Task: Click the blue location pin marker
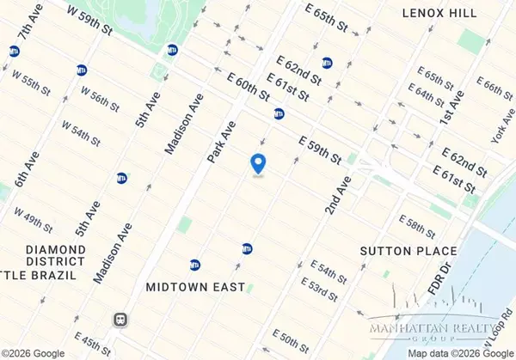click(257, 163)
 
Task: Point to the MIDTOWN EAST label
click(195, 286)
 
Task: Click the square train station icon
click(121, 319)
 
